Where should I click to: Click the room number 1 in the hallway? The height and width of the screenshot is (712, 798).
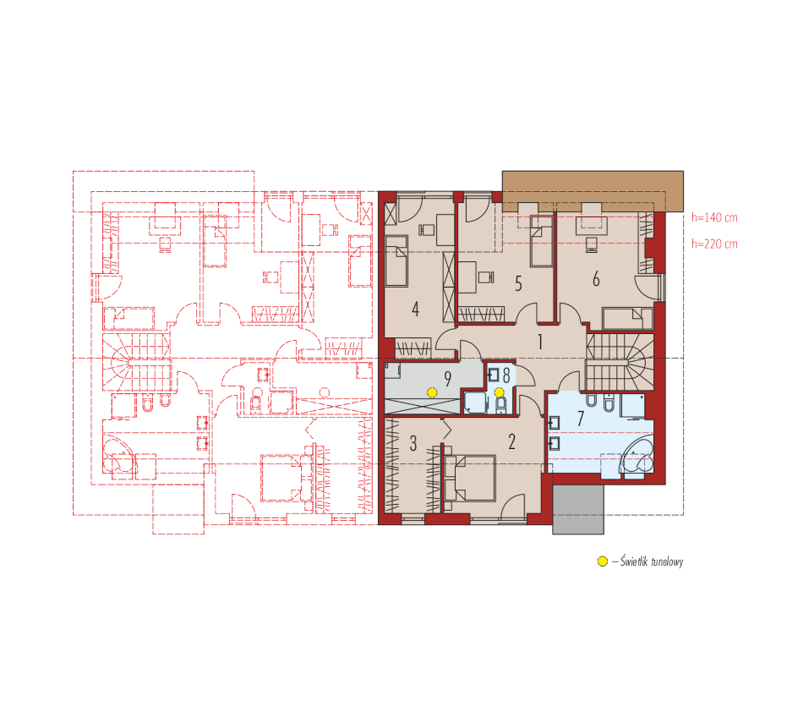point(540,342)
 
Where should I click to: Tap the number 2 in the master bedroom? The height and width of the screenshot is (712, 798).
point(512,441)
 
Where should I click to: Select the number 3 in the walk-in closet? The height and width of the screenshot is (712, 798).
point(413,443)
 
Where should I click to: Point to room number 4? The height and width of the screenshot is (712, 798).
point(416,309)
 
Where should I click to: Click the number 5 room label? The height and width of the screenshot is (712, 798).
point(518,283)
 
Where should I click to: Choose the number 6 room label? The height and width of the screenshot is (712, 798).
point(596,279)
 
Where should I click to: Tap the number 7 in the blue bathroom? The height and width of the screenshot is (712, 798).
point(581,419)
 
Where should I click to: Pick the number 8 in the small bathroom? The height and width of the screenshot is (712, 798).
point(506,375)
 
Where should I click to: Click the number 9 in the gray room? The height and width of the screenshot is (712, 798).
point(447,379)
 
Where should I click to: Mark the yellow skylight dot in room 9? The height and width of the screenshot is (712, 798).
point(432,392)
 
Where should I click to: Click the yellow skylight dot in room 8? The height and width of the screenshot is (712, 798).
point(500,392)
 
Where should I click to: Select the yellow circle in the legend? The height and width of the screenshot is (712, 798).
point(603,561)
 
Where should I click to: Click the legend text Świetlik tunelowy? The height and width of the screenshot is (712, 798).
point(652,561)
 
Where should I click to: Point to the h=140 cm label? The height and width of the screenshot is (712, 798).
point(714,217)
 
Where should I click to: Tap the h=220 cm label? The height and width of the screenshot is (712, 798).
point(714,244)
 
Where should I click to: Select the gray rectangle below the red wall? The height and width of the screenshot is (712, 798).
point(578,509)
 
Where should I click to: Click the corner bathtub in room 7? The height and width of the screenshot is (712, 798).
point(637,456)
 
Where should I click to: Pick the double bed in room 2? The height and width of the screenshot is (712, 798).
point(470,478)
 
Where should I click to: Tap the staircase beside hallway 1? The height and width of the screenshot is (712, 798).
point(620,362)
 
